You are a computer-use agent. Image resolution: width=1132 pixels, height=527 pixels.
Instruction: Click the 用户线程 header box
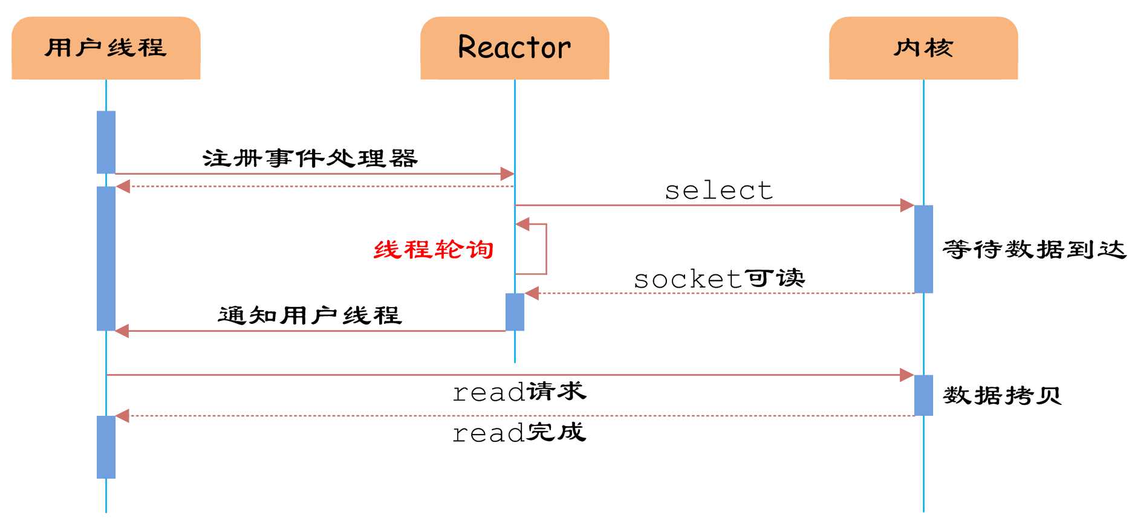pyautogui.click(x=106, y=48)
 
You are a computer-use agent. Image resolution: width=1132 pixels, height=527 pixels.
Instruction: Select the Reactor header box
pyautogui.click(x=515, y=48)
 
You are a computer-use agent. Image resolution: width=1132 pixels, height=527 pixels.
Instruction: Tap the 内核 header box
pyautogui.click(x=923, y=48)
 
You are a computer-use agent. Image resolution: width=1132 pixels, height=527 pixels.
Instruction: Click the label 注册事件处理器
pyautogui.click(x=310, y=158)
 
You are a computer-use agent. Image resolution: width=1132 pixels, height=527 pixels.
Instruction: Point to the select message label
pyautogui.click(x=718, y=191)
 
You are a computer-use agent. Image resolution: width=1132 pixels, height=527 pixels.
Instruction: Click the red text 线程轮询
pyautogui.click(x=434, y=250)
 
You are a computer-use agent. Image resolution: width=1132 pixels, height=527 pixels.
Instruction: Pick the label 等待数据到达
pyautogui.click(x=1034, y=249)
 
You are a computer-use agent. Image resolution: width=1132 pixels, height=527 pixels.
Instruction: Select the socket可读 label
pyautogui.click(x=719, y=279)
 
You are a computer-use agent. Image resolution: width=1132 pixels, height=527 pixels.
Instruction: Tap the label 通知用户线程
pyautogui.click(x=310, y=315)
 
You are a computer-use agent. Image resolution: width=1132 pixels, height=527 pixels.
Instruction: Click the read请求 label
pyautogui.click(x=519, y=392)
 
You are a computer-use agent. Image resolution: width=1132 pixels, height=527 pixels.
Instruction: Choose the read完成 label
pyautogui.click(x=519, y=432)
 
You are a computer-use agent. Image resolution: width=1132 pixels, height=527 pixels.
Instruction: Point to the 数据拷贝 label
pyautogui.click(x=1002, y=396)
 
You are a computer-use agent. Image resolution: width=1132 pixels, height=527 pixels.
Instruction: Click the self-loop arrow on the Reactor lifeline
pyautogui.click(x=545, y=249)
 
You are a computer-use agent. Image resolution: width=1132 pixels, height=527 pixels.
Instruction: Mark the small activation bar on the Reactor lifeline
pyautogui.click(x=515, y=312)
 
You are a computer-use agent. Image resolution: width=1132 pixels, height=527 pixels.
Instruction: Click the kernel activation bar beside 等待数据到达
pyautogui.click(x=923, y=249)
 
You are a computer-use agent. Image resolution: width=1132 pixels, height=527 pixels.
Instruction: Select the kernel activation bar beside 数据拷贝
pyautogui.click(x=923, y=395)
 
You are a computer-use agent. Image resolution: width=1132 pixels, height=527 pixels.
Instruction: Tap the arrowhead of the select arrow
pyautogui.click(x=907, y=205)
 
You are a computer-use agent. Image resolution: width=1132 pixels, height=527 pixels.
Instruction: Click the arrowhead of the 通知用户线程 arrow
pyautogui.click(x=122, y=331)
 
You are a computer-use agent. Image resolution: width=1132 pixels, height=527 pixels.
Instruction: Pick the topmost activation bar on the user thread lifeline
pyautogui.click(x=106, y=142)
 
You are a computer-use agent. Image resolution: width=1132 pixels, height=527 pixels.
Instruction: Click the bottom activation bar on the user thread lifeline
pyautogui.click(x=106, y=447)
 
